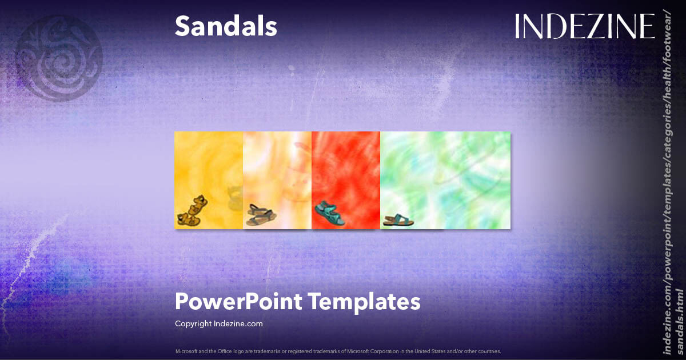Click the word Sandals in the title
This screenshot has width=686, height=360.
click(x=226, y=26)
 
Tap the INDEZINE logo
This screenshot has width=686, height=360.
click(x=584, y=26)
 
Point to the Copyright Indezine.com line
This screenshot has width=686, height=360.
click(x=218, y=323)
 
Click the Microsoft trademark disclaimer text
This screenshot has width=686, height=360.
click(x=338, y=351)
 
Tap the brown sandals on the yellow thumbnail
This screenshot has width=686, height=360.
click(x=192, y=210)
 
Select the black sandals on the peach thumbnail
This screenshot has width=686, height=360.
click(x=261, y=214)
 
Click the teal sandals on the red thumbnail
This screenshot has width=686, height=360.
click(x=330, y=213)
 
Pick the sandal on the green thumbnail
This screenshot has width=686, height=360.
click(x=398, y=220)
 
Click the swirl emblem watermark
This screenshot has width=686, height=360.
click(x=58, y=57)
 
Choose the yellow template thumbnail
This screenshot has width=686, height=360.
click(x=209, y=171)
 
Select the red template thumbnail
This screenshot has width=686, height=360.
click(x=346, y=171)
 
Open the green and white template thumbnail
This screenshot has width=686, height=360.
click(x=445, y=171)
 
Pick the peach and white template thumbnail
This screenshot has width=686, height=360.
click(x=277, y=171)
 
